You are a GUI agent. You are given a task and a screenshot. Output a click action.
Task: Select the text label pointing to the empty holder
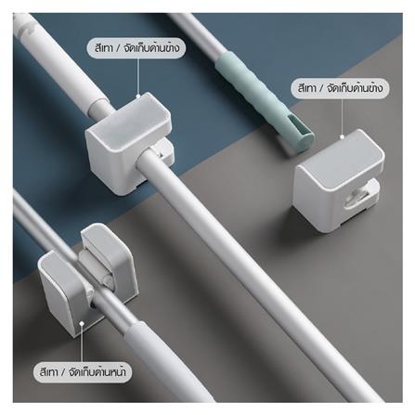tap(338, 89)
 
